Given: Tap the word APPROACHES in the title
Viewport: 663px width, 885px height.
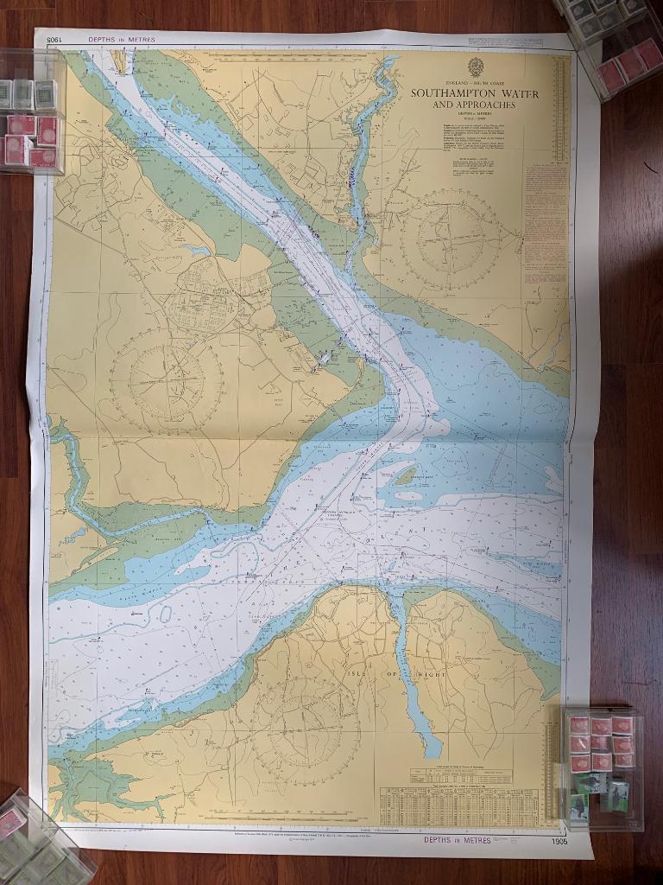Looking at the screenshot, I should coord(487,105).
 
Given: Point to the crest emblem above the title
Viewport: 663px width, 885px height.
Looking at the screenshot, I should coord(475,67).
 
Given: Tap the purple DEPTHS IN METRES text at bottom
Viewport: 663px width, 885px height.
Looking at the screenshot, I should coord(458,839).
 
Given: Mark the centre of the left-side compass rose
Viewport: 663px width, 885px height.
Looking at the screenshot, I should coord(167,380).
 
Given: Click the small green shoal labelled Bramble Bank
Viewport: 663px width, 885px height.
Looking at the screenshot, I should coord(406,475).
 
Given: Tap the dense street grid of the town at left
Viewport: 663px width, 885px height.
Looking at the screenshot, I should coord(212,298).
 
